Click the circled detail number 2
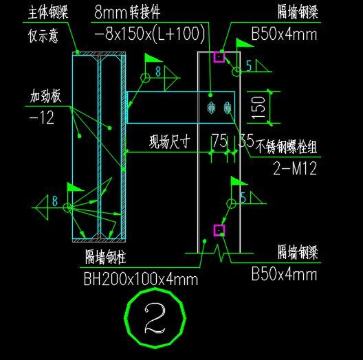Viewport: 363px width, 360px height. (155, 318)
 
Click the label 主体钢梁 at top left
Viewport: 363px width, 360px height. (48, 12)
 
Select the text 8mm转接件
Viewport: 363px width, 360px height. (127, 12)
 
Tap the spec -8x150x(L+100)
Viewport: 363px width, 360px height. (150, 34)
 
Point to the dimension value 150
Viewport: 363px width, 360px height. (258, 108)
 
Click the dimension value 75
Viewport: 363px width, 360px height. (220, 140)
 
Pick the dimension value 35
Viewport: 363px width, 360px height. (246, 140)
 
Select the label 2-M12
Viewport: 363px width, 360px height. (294, 168)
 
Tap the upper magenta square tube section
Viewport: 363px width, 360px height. (219, 57)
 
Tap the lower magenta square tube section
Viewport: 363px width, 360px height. (219, 230)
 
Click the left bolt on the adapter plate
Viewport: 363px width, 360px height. (211, 108)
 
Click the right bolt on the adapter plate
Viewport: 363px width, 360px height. (228, 108)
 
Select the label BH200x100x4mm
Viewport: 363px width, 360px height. (141, 279)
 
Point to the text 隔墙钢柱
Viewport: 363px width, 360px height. (106, 257)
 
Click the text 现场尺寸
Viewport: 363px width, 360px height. (170, 142)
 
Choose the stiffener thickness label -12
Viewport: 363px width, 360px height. (42, 117)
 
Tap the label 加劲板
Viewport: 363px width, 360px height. (45, 95)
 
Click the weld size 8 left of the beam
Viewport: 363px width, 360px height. (55, 201)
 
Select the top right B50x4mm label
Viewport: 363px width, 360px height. (284, 34)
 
